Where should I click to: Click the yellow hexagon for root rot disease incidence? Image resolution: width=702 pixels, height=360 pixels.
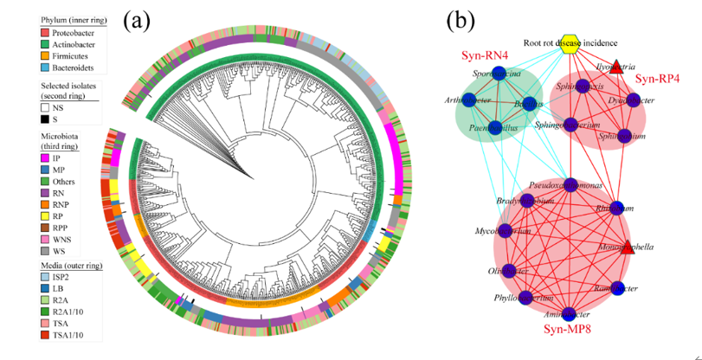coord(569,47)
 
